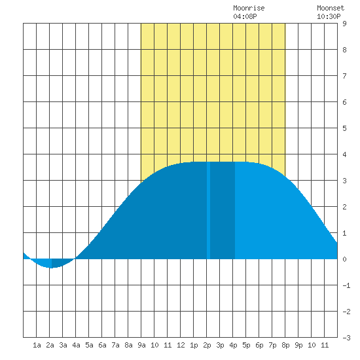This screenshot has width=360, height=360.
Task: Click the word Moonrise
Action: (x=249, y=8)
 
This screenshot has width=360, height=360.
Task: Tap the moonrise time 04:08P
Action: (x=245, y=16)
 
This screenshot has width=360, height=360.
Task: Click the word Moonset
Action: (x=331, y=8)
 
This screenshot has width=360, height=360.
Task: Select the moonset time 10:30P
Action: (x=329, y=16)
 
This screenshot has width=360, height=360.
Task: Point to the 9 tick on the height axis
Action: (x=344, y=24)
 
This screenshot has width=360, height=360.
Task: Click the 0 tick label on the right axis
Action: (x=344, y=259)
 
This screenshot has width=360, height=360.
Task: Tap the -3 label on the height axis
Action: (x=346, y=338)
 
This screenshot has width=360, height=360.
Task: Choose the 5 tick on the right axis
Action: (x=344, y=128)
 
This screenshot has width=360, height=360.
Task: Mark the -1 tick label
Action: (x=346, y=285)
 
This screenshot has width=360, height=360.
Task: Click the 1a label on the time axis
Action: (x=37, y=345)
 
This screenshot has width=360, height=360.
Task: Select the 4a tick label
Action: (x=76, y=345)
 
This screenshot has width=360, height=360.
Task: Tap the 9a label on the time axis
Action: (x=141, y=345)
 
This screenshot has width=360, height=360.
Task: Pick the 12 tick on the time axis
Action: (x=181, y=345)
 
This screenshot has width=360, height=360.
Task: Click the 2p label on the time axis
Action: (x=207, y=345)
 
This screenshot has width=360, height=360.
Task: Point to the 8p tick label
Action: (x=285, y=345)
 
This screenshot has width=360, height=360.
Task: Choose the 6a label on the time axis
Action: (x=102, y=345)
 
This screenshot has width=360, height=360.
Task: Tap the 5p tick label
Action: (x=246, y=345)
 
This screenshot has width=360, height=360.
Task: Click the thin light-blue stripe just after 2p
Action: (x=208, y=210)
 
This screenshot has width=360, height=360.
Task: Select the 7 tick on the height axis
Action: (x=344, y=76)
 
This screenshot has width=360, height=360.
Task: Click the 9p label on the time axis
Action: (x=298, y=345)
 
